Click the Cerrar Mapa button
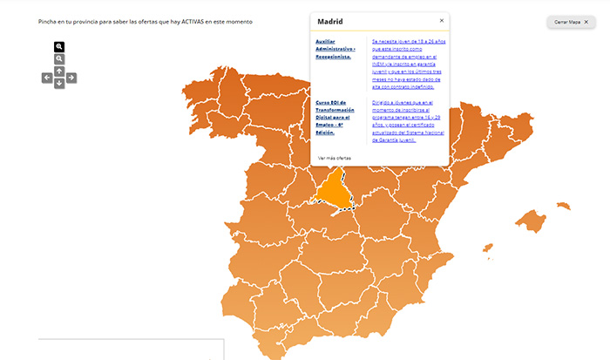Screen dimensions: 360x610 click(x=573, y=22)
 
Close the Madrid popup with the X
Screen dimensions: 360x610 click(x=442, y=20)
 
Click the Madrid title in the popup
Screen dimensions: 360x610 click(x=330, y=22)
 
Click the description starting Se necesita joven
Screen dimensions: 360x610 click(x=409, y=63)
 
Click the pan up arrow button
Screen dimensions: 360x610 click(x=59, y=71)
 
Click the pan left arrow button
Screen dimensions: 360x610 click(x=47, y=78)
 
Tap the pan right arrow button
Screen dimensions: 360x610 click(x=71, y=78)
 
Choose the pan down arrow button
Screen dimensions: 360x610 click(x=59, y=85)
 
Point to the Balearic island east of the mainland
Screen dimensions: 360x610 click(x=529, y=220)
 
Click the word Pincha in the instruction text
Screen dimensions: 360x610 click(x=48, y=21)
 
